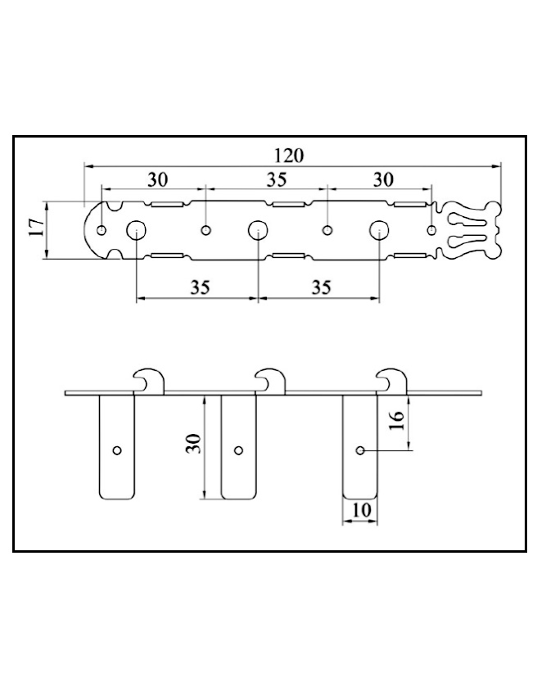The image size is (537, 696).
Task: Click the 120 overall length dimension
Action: (x=289, y=156)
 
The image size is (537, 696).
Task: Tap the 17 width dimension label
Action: (x=36, y=228)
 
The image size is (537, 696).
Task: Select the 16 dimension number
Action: (x=396, y=419)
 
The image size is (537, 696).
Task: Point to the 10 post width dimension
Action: (x=361, y=510)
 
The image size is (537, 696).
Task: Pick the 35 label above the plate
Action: (x=276, y=180)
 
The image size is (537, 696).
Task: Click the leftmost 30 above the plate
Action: (x=157, y=180)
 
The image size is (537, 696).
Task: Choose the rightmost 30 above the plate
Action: (x=383, y=180)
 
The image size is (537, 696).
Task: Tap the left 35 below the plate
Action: (x=200, y=287)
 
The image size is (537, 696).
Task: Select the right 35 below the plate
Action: (x=322, y=287)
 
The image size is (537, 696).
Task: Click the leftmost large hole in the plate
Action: (x=136, y=230)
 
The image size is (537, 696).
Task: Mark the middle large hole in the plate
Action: (x=258, y=230)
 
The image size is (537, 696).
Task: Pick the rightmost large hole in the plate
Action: (x=380, y=230)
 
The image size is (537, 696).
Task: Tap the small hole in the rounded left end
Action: (x=102, y=230)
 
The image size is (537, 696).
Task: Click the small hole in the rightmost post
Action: (x=360, y=450)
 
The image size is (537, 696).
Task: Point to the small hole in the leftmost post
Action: (x=117, y=450)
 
